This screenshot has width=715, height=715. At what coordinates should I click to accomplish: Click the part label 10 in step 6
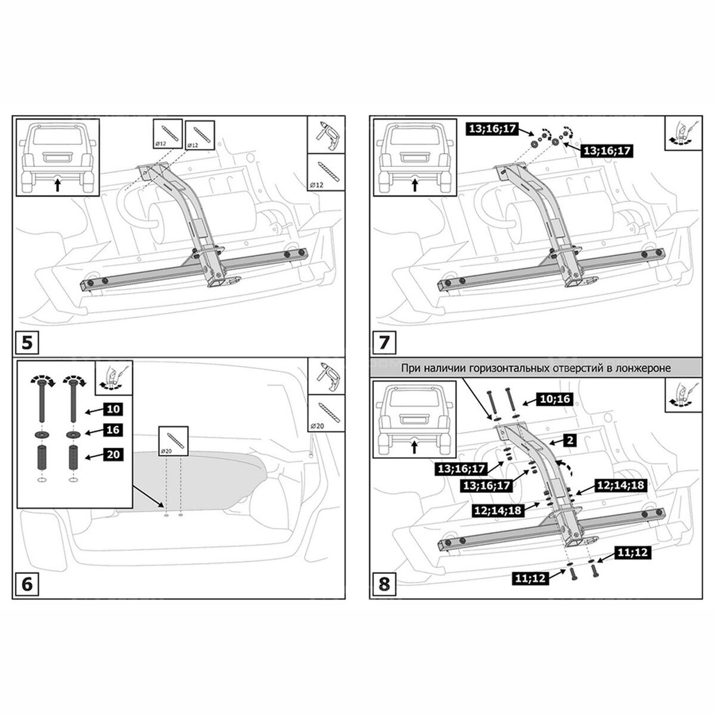coord(114,409)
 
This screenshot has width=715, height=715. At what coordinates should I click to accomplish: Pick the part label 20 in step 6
coord(114,455)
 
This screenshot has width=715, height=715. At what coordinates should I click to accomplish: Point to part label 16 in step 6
coord(114,430)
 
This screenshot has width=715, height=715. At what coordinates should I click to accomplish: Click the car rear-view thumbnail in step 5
coord(57,157)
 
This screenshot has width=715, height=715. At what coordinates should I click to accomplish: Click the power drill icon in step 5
coord(327,135)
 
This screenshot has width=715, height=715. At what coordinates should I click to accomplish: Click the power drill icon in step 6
coord(327,377)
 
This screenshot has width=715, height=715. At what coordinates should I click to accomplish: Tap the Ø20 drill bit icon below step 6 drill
coord(327,415)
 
